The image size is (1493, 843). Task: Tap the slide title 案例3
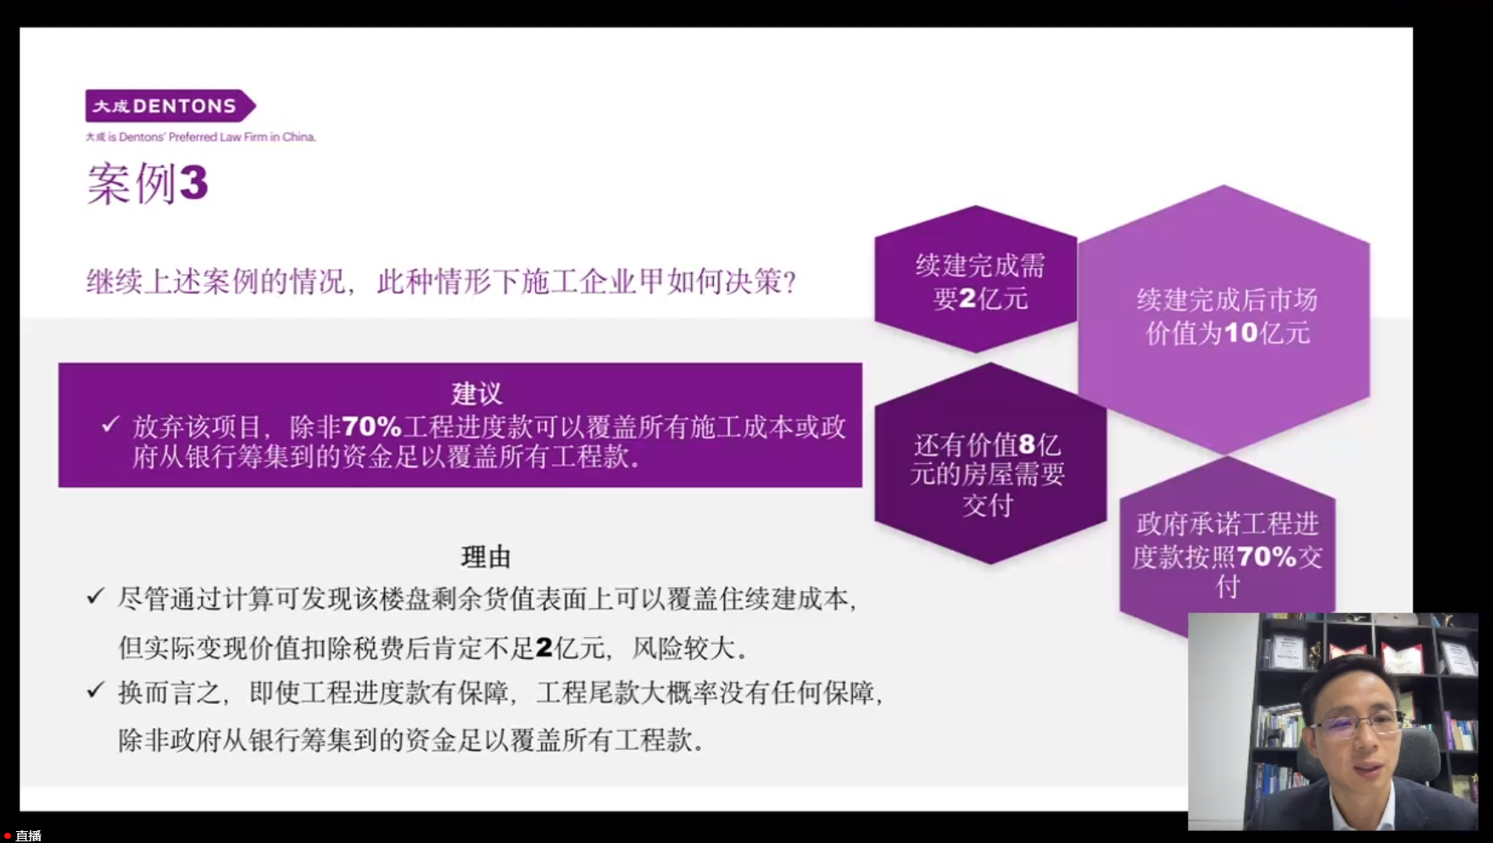click(x=148, y=183)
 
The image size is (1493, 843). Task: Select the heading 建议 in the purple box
click(x=476, y=394)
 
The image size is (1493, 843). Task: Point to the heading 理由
click(x=486, y=557)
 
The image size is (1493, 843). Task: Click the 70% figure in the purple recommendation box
click(x=371, y=427)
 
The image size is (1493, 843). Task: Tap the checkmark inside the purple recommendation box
click(x=110, y=424)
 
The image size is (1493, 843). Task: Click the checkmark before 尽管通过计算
click(x=96, y=597)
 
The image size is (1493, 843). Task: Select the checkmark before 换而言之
click(x=96, y=690)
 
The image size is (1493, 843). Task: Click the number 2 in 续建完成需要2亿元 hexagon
click(x=967, y=299)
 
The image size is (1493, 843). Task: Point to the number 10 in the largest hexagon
click(x=1241, y=332)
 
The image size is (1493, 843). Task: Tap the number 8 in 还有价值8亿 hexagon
click(x=1027, y=444)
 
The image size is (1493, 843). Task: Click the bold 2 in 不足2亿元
click(x=544, y=649)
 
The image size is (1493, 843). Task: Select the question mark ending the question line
click(x=790, y=282)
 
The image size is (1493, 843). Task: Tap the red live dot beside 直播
click(x=8, y=836)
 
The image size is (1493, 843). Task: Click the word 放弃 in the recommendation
click(x=158, y=427)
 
